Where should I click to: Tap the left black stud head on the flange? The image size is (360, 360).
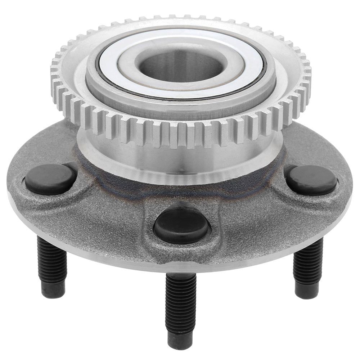[x=50, y=179]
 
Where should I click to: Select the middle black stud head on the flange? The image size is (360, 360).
[x=181, y=226]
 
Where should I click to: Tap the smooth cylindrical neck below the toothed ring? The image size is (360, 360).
[x=180, y=162]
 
